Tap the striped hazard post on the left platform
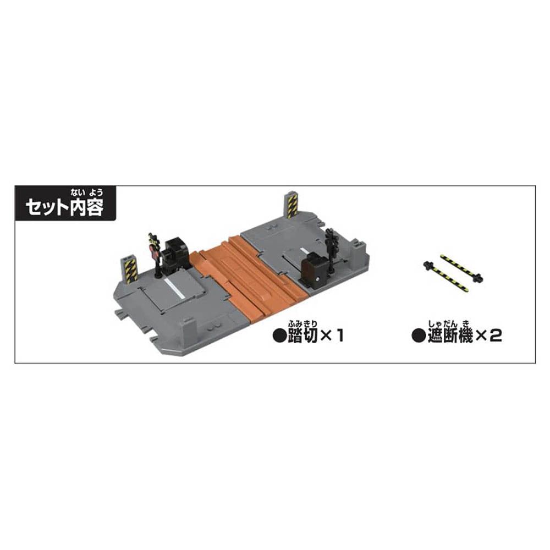(x=130, y=269)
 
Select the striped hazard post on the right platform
(x=291, y=205)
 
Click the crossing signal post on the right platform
(x=332, y=250)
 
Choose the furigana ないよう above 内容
(x=86, y=193)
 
